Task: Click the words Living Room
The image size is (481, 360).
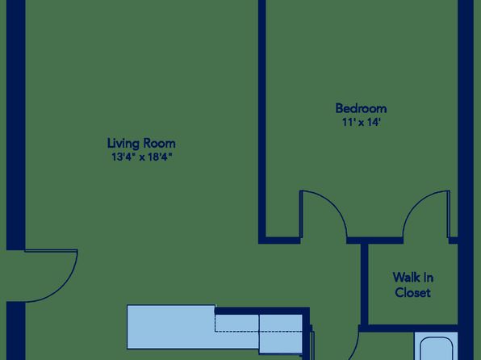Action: pyautogui.click(x=141, y=144)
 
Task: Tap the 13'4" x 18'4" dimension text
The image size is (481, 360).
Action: pyautogui.click(x=141, y=157)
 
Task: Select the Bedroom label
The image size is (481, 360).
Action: pyautogui.click(x=361, y=108)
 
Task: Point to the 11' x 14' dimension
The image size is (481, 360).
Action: pyautogui.click(x=362, y=123)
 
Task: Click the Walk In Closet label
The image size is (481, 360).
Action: pyautogui.click(x=413, y=285)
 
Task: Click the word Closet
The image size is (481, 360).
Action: pyautogui.click(x=413, y=292)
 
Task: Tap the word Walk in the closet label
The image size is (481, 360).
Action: pyautogui.click(x=404, y=278)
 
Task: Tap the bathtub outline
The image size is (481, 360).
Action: pyautogui.click(x=436, y=349)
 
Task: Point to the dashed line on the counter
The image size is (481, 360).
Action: pyautogui.click(x=258, y=332)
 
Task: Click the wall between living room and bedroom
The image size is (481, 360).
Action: pyautogui.click(x=262, y=119)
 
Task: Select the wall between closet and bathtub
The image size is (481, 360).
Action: pyautogui.click(x=409, y=328)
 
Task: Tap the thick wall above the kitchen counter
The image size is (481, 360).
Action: pyautogui.click(x=262, y=311)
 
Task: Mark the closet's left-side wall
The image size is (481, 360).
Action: pyautogui.click(x=365, y=284)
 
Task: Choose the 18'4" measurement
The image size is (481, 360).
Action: pyautogui.click(x=160, y=157)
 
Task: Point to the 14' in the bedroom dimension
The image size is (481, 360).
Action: pyautogui.click(x=374, y=123)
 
